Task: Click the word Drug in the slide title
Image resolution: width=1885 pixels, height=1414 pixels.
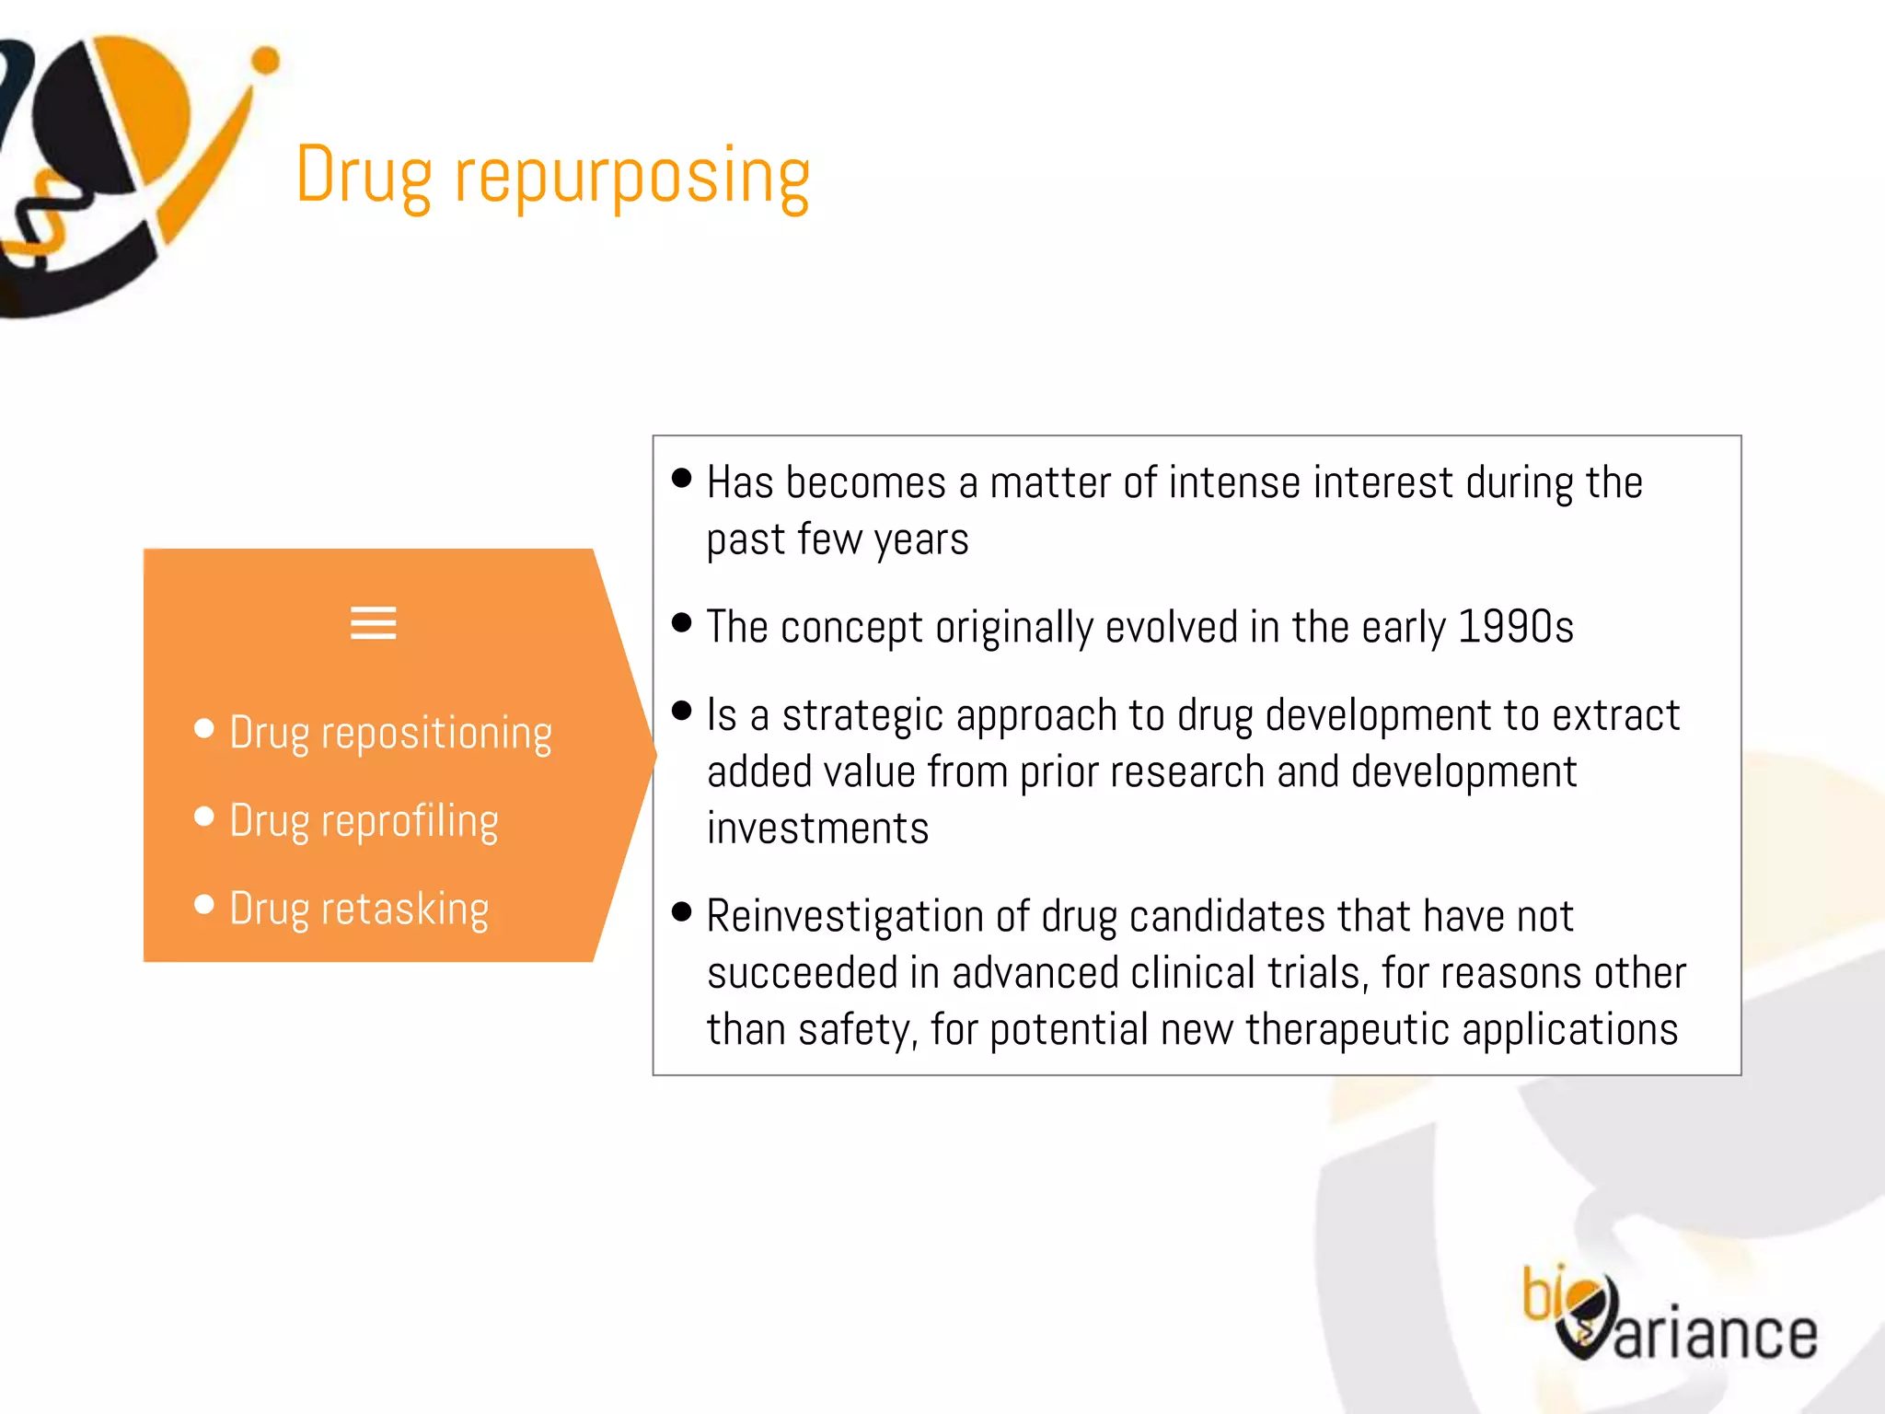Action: (364, 177)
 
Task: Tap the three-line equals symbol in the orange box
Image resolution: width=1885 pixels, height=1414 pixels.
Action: (373, 623)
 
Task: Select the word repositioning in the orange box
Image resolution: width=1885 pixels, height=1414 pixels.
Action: (436, 735)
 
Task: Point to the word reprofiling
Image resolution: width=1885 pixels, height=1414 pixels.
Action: (410, 822)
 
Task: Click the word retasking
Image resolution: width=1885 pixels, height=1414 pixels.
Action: (405, 910)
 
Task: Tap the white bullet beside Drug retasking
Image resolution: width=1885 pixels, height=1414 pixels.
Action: (204, 905)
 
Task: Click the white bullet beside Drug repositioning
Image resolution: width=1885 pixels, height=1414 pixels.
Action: (204, 729)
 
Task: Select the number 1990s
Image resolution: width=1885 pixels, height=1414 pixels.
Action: (1516, 627)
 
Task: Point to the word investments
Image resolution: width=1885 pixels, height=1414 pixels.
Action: (817, 829)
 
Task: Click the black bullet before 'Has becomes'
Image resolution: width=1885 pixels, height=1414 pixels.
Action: (681, 478)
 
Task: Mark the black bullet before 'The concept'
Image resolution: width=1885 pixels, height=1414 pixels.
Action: (681, 622)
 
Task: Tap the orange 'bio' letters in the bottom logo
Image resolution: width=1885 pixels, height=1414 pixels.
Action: (1544, 1293)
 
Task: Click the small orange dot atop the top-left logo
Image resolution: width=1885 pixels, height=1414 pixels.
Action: (265, 61)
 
